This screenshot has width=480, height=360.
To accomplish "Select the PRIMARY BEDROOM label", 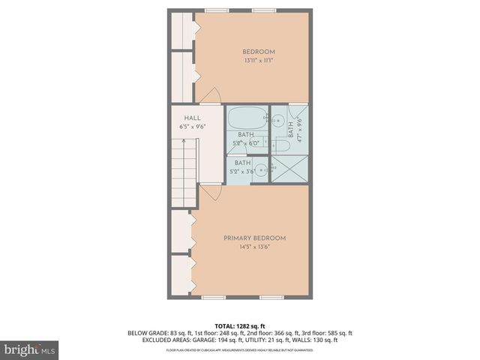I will (x=254, y=238).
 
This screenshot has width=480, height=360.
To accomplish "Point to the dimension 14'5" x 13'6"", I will (x=254, y=247).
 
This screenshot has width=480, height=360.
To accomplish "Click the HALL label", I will (x=192, y=118).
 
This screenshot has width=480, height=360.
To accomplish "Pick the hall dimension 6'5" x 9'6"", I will (x=192, y=127).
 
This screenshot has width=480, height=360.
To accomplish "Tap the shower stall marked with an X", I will (x=290, y=169).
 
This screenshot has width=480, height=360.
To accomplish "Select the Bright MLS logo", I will (x=30, y=349).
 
